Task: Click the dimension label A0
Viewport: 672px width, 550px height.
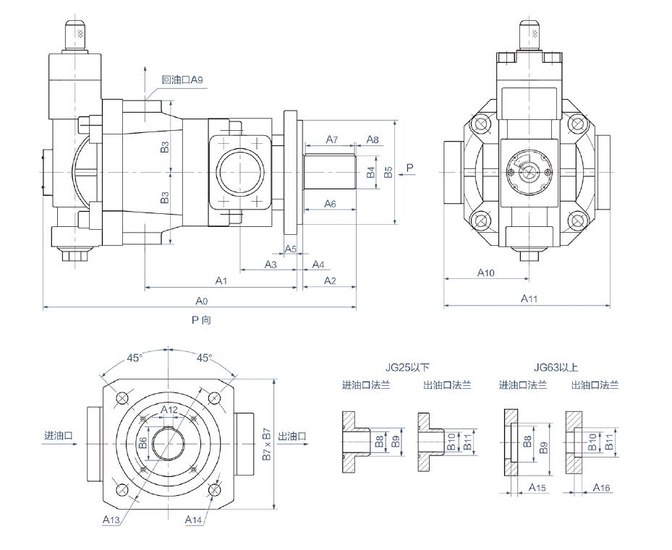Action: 201,301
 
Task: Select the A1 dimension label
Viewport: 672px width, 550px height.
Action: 221,280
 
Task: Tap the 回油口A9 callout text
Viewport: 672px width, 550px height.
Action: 182,80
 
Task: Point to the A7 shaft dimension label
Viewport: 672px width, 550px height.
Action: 332,139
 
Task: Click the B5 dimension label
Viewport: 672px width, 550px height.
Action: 388,172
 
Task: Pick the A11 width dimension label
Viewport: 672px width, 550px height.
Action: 529,298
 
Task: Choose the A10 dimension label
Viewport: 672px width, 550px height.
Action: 486,272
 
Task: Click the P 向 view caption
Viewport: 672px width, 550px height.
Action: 201,319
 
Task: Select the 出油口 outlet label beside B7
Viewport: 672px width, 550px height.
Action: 292,436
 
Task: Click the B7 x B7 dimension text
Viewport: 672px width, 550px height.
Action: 267,444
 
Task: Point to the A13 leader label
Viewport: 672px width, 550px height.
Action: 111,520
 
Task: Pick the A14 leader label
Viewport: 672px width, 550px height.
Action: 193,520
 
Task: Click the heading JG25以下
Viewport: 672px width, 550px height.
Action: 407,367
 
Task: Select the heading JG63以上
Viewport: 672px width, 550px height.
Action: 556,367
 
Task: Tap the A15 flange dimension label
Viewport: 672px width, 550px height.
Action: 537,487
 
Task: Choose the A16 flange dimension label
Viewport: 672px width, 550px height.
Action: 601,487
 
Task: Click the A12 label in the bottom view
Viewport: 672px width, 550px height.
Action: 169,410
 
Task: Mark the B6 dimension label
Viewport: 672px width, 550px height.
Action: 143,443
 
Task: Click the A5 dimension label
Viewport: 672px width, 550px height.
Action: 291,249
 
